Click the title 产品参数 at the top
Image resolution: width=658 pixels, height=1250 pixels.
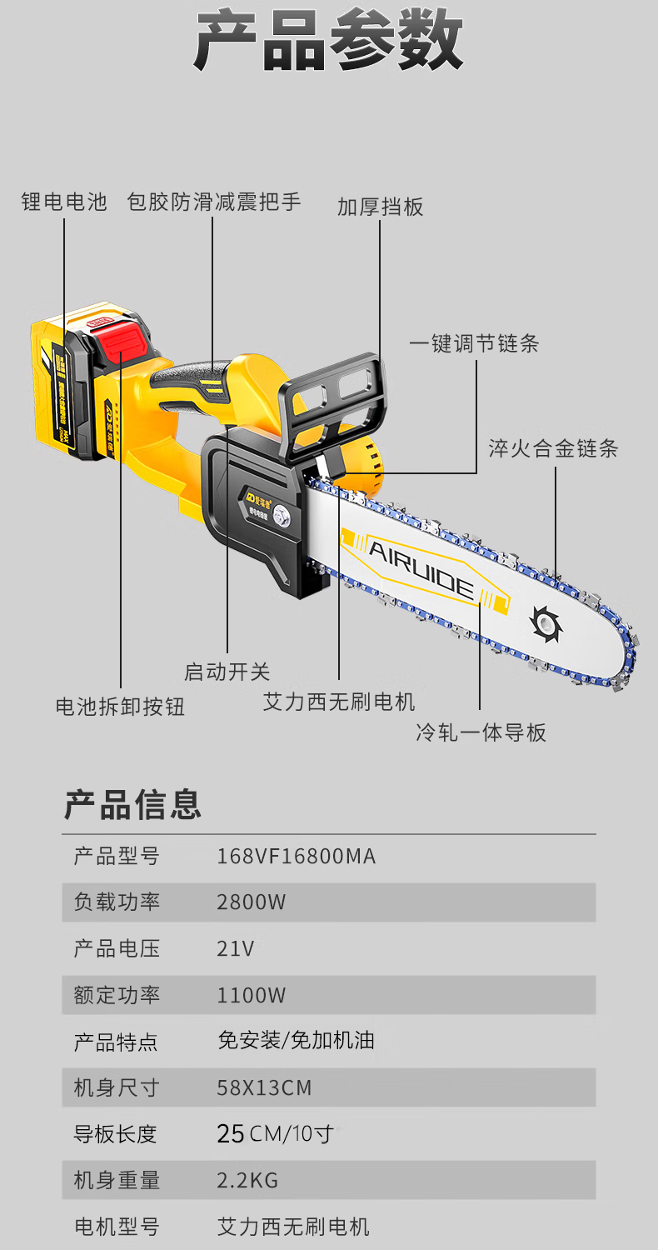coord(329,40)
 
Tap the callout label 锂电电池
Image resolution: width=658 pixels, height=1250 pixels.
coord(64,202)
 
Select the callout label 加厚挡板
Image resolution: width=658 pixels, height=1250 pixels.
coord(381,207)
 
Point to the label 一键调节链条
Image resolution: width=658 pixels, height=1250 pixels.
coord(475,343)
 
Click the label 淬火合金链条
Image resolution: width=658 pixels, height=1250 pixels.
coord(554,448)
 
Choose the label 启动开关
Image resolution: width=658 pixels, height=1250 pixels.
coord(227,672)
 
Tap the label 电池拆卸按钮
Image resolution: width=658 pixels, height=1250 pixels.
coord(121,707)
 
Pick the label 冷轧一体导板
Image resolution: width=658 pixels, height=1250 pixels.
coord(481,732)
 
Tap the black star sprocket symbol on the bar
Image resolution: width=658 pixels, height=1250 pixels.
coord(546,623)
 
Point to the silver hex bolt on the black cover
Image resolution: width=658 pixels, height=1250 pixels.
coord(281,515)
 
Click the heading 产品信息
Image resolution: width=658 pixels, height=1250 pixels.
coord(132,805)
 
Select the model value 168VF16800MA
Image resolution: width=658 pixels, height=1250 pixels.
coord(297,857)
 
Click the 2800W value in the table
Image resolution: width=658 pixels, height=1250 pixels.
coord(251,902)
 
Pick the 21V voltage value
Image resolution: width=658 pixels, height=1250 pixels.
coord(236,948)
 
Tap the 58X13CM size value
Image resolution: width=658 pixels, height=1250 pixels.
coord(264,1087)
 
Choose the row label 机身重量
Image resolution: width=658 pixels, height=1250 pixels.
coord(117,1180)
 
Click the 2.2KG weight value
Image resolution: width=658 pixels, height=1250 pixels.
coord(247,1180)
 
